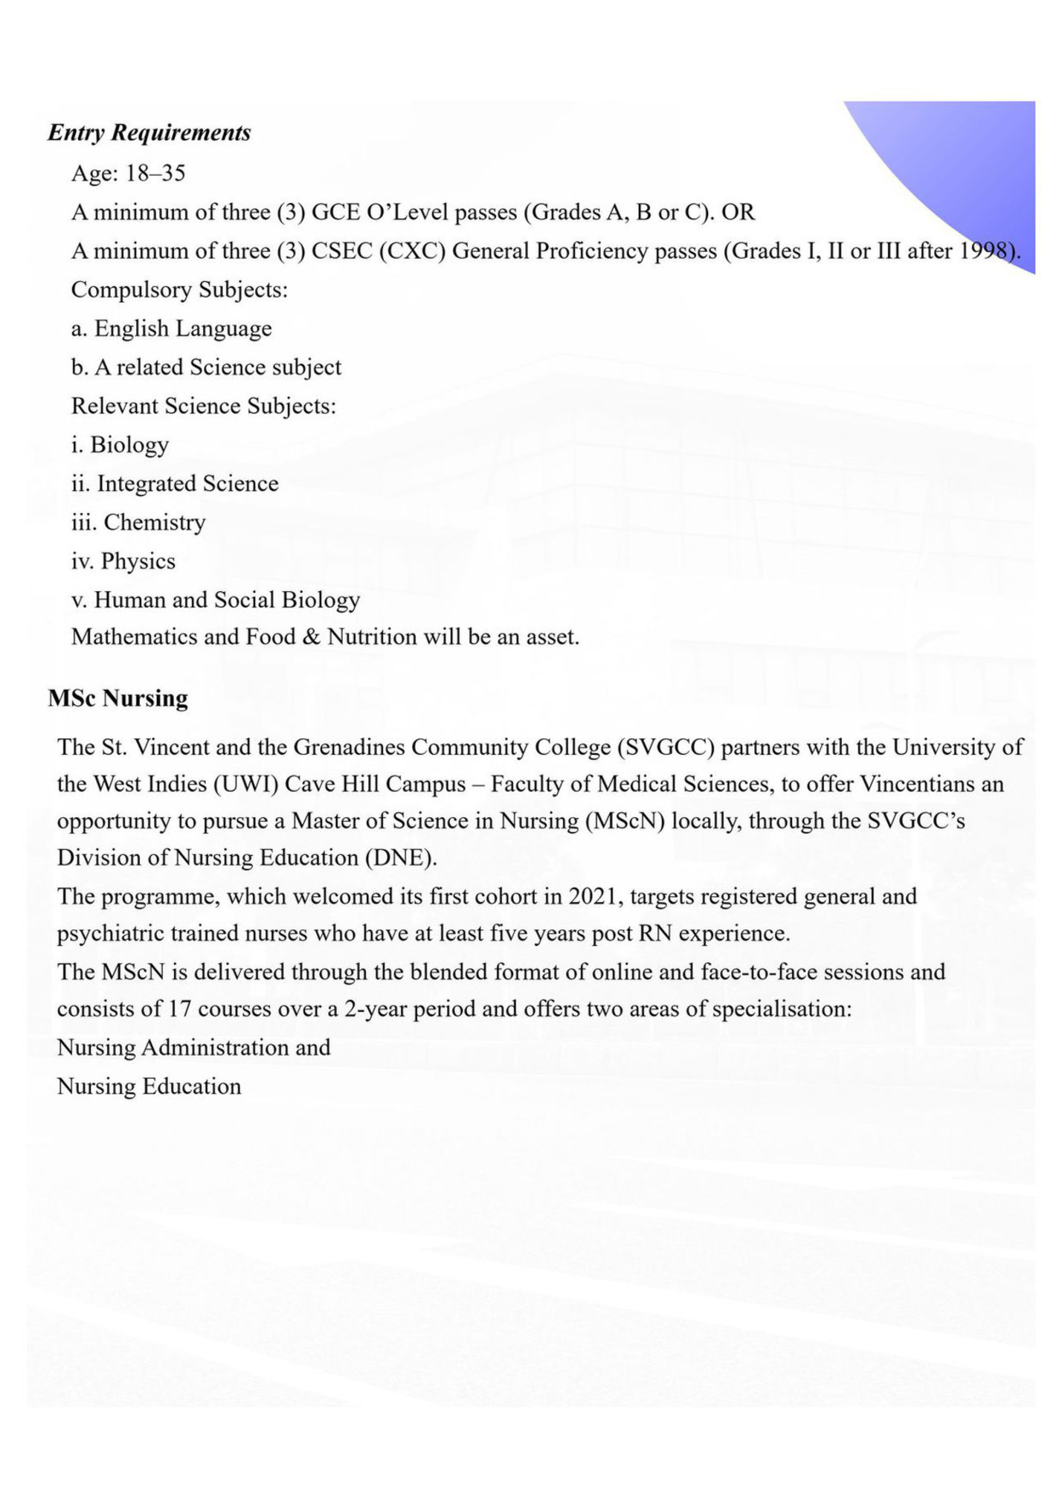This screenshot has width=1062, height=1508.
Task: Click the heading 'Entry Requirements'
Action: pyautogui.click(x=149, y=133)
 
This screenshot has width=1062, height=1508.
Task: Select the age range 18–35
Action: pyautogui.click(x=155, y=173)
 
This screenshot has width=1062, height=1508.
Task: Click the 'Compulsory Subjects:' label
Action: pyautogui.click(x=179, y=289)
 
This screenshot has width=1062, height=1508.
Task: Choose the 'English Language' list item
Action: pyautogui.click(x=182, y=329)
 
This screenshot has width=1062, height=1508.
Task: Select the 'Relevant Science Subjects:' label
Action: pyautogui.click(x=203, y=406)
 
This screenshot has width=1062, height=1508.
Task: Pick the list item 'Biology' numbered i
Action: pyautogui.click(x=129, y=445)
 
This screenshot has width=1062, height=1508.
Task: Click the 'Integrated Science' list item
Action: pyautogui.click(x=187, y=483)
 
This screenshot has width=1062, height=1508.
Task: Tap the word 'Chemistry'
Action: pyautogui.click(x=155, y=522)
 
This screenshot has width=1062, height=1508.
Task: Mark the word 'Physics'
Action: pyautogui.click(x=138, y=561)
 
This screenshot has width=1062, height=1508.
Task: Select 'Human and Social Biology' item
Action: pyautogui.click(x=227, y=599)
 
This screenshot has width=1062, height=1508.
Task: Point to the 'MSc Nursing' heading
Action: pyautogui.click(x=118, y=698)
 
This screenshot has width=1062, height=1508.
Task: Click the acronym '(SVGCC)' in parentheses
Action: pyautogui.click(x=666, y=747)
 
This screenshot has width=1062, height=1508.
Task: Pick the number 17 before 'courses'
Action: pyautogui.click(x=180, y=1009)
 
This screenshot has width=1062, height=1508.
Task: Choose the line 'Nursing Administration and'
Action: pyautogui.click(x=193, y=1048)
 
